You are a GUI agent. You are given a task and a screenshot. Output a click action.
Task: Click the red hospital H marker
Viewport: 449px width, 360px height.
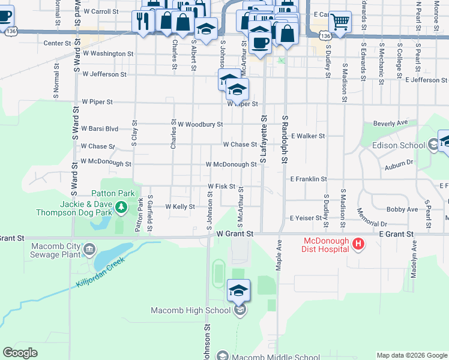tap(358, 244)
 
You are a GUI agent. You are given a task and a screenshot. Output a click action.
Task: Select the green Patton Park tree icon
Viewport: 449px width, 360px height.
tap(121, 208)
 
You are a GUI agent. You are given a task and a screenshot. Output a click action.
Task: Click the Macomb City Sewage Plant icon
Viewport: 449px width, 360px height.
tap(89, 249)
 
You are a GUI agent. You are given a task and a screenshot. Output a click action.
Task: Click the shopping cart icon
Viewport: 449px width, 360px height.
tap(340, 22)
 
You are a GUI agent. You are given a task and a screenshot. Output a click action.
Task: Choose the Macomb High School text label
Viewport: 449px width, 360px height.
tap(190, 310)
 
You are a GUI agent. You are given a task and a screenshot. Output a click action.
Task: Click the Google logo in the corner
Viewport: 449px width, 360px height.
tap(20, 353)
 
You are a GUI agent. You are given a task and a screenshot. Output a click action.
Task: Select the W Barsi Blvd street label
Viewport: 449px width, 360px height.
tap(99, 128)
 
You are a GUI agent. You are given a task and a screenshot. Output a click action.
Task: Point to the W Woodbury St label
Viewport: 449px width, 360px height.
tap(200, 124)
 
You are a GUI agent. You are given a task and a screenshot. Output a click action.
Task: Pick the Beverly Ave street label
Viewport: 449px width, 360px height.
tap(390, 123)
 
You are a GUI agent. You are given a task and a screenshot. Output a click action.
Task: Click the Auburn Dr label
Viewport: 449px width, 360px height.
tap(400, 162)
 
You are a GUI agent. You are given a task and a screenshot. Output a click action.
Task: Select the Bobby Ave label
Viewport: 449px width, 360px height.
tap(402, 209)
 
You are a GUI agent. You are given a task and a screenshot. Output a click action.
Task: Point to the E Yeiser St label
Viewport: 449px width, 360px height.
tap(306, 218)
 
